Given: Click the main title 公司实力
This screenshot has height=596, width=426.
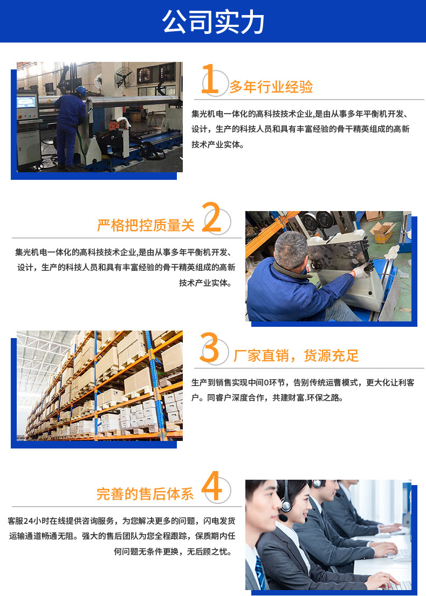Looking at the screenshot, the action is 213,22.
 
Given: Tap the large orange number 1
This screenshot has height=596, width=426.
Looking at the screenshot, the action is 210,79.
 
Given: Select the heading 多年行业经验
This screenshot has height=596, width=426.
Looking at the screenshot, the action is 271,87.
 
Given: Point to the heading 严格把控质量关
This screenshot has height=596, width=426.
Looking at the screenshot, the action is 146,225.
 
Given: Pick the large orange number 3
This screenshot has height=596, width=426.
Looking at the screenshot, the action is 209,347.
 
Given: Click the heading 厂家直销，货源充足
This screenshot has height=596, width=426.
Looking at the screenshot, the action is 296,356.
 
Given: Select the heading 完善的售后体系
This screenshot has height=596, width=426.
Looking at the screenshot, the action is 145,494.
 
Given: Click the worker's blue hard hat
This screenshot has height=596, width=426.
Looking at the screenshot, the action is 81,90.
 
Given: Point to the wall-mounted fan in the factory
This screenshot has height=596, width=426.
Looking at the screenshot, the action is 125,77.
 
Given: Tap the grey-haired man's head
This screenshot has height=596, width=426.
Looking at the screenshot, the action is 291,251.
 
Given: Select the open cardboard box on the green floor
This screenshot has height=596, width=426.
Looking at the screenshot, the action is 383,232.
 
